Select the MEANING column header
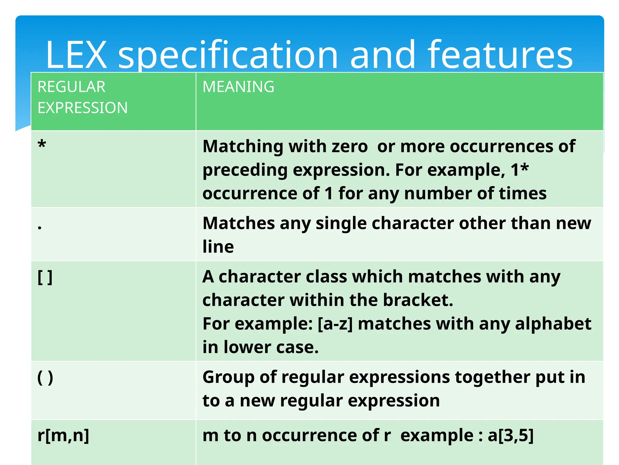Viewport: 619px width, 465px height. tap(238, 87)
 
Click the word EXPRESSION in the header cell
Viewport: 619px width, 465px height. tap(83, 108)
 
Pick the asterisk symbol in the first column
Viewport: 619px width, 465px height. tap(42, 145)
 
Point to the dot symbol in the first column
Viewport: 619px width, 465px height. tap(40, 227)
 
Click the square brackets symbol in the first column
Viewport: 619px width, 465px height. tap(45, 277)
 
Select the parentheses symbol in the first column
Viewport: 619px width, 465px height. tap(45, 378)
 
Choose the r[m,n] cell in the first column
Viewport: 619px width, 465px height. tap(63, 435)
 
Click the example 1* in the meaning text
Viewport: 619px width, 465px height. tap(520, 170)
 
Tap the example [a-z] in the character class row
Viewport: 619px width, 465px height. tap(335, 324)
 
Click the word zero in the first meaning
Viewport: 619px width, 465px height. tap(350, 147)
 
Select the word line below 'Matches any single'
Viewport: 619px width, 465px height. tap(218, 246)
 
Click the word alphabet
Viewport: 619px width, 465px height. tap(553, 324)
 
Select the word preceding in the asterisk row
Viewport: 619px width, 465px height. tap(245, 170)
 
